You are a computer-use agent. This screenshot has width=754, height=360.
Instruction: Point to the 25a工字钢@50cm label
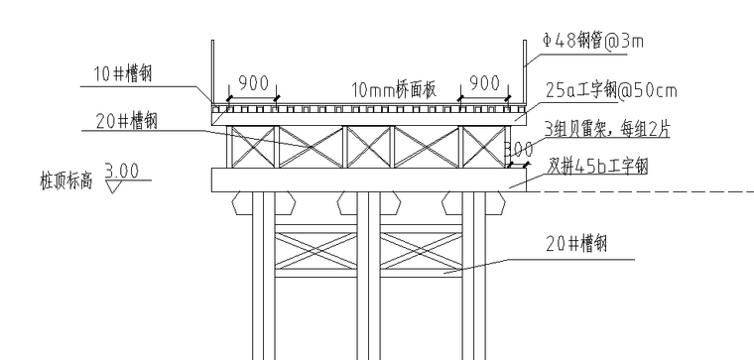(611, 92)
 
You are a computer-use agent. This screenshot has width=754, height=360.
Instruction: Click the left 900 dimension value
(254, 83)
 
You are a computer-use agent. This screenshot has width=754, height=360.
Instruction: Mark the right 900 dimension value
(484, 83)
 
